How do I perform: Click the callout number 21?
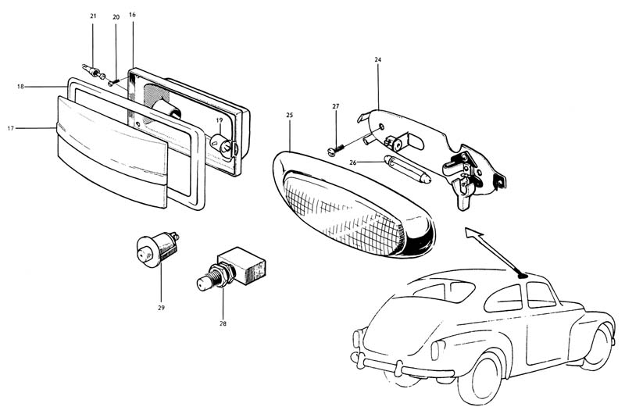click(x=93, y=16)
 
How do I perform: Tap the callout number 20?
click(x=116, y=16)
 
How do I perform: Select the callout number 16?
click(x=133, y=14)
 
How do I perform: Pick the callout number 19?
click(x=220, y=120)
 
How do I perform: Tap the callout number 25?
click(x=290, y=115)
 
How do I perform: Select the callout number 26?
click(x=354, y=162)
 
